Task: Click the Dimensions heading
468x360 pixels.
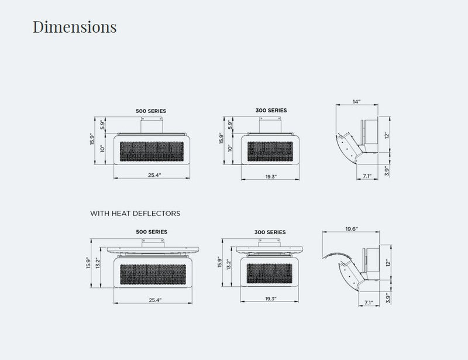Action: click(x=75, y=26)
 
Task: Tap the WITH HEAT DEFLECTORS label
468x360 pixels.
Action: click(x=135, y=213)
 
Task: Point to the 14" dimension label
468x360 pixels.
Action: click(x=356, y=102)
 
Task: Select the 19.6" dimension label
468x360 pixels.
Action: click(x=352, y=229)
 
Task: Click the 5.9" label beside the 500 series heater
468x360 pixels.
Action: click(x=102, y=125)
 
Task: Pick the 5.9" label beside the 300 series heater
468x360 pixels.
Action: click(x=230, y=125)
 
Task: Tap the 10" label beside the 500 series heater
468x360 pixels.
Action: click(x=102, y=149)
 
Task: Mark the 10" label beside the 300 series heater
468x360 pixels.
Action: click(x=230, y=148)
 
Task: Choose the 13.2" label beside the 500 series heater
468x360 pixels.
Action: click(x=98, y=263)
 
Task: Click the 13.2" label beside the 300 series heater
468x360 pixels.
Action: click(x=229, y=264)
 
